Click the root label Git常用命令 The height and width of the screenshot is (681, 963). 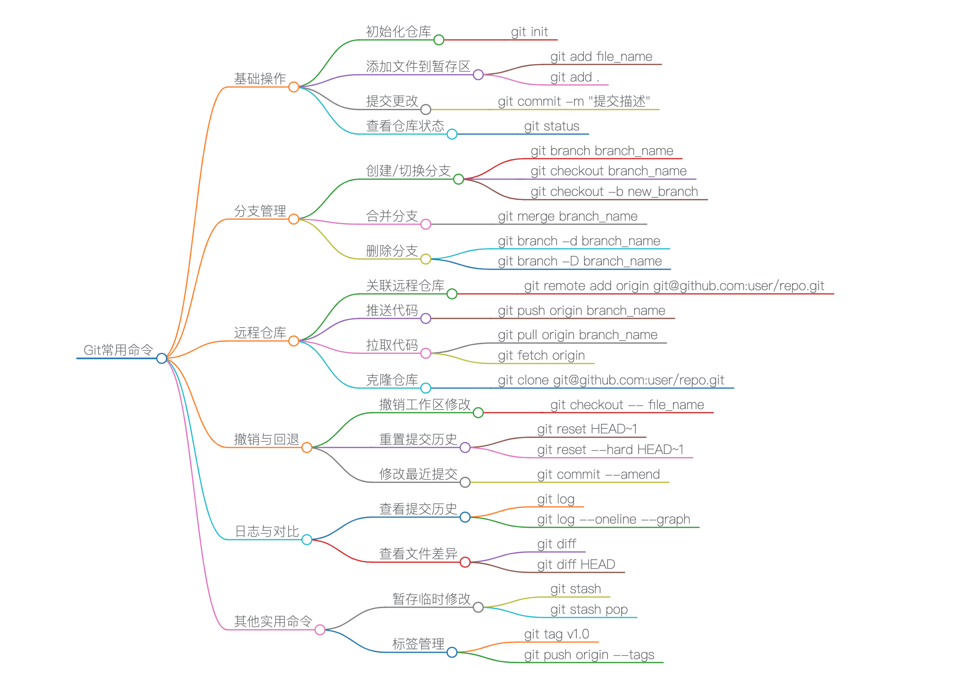coord(118,350)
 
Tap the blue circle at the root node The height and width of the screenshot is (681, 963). coord(161,358)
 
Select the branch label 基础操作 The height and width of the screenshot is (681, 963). coord(260,79)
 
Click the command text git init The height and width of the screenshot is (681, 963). coord(529,32)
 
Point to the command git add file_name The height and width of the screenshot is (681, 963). coord(601,57)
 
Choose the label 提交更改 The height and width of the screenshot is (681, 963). coord(392,101)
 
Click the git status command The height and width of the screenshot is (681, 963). coord(552,126)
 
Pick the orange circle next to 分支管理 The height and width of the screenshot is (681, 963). coord(294,219)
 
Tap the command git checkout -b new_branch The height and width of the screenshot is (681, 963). coord(614,192)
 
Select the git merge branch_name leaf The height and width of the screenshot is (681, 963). coord(568,216)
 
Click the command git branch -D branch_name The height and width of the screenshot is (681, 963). coord(580,261)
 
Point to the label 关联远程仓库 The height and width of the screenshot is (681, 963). coord(405,286)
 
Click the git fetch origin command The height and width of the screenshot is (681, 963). coord(541,356)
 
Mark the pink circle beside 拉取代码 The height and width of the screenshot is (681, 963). coord(426,353)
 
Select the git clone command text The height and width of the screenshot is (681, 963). coord(611,380)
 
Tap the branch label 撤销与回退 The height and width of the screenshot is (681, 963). coord(266,439)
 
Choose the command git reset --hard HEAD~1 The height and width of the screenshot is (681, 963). coord(610,450)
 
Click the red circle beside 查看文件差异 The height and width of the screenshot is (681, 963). coord(465,562)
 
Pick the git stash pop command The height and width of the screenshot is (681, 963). coord(589,610)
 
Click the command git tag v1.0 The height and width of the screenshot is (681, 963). coord(556,634)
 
